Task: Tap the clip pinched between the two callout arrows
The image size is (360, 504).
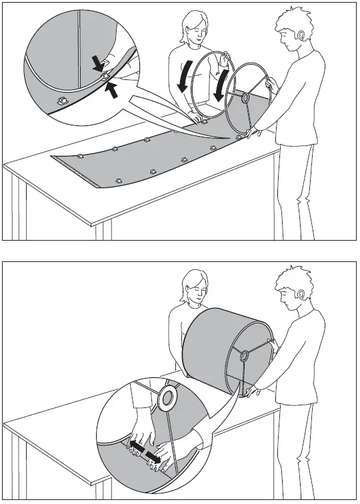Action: tap(105, 78)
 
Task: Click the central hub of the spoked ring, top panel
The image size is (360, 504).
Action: tap(245, 98)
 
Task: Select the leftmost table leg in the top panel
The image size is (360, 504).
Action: tap(21, 207)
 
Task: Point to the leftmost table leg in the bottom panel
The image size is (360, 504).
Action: tap(21, 467)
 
